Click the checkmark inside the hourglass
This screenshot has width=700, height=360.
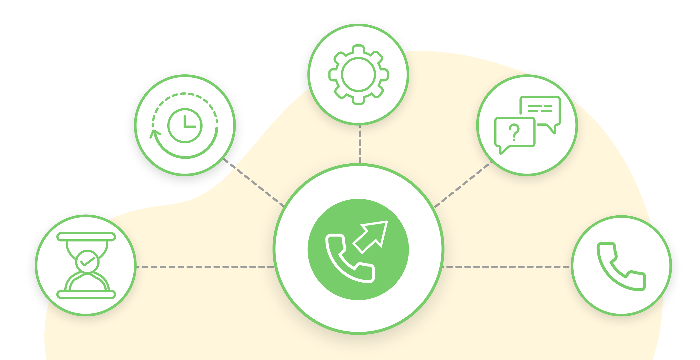[x=87, y=261]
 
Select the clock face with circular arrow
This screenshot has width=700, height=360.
[x=185, y=125]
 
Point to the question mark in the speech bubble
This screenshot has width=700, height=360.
[x=514, y=132]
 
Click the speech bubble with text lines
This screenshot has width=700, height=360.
[x=540, y=109]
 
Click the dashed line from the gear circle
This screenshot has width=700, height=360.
[x=360, y=144]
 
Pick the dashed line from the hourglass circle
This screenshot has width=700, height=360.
[x=204, y=267]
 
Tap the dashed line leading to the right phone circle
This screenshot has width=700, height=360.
[x=505, y=267]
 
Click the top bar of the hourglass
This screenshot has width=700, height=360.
[x=86, y=237]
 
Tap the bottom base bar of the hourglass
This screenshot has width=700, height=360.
[x=86, y=294]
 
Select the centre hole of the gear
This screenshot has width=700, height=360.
[x=359, y=74]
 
